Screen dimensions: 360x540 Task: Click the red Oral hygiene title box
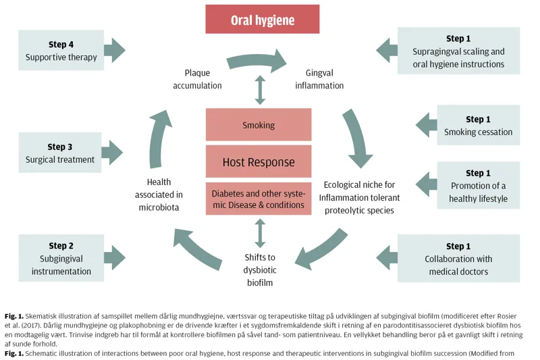[x=263, y=20]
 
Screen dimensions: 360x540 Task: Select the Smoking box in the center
[x=259, y=125]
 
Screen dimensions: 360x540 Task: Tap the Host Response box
[x=259, y=162]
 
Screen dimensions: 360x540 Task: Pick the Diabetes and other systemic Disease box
[x=259, y=199]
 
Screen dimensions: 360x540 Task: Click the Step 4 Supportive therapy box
[x=61, y=51]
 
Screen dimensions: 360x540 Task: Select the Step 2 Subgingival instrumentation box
[x=61, y=258]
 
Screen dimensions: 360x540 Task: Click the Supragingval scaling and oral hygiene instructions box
[x=458, y=51]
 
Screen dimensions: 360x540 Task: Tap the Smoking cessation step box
[x=478, y=126]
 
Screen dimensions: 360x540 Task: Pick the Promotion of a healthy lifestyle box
[x=478, y=185]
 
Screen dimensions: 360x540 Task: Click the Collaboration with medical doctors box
[x=458, y=259]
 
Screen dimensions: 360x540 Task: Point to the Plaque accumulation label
[x=197, y=79]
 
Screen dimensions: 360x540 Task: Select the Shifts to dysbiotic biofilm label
[x=259, y=269]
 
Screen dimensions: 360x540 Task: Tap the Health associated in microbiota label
[x=159, y=195]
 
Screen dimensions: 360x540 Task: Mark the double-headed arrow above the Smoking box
[x=259, y=90]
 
